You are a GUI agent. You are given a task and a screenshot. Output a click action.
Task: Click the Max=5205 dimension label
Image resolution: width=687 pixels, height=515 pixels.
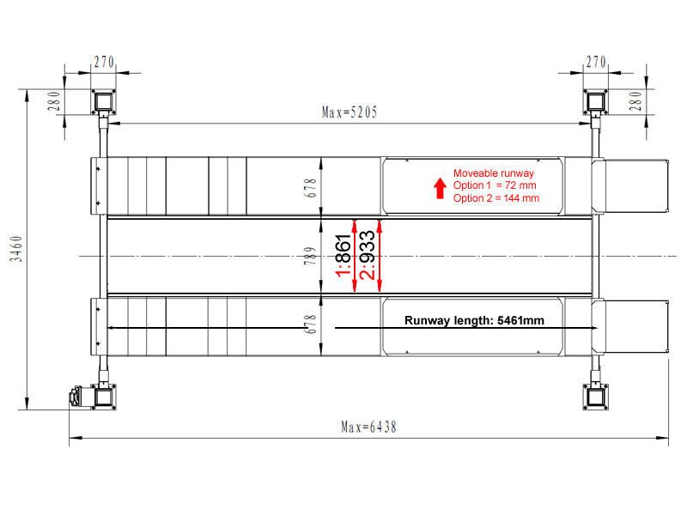pos(350,112)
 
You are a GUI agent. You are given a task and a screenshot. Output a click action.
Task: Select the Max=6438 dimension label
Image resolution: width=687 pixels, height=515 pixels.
pos(368,427)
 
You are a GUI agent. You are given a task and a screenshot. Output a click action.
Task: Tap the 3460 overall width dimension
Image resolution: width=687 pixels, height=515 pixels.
pos(15,249)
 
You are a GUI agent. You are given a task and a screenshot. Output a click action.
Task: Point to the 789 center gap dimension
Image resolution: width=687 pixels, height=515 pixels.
pos(310,256)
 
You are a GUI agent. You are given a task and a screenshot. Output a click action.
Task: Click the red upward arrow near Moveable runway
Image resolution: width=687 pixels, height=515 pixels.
pos(440,188)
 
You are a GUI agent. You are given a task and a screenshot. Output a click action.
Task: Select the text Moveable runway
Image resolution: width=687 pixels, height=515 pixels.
pos(493,173)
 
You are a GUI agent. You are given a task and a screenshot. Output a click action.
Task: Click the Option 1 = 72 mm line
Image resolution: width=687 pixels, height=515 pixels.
pos(495,185)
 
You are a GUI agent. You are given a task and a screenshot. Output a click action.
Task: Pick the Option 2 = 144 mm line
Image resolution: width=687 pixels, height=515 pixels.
pos(496,198)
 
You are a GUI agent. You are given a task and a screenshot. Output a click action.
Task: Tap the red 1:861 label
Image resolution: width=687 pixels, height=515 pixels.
pos(343,256)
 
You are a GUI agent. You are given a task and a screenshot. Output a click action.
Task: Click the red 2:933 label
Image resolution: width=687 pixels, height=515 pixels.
pos(368,255)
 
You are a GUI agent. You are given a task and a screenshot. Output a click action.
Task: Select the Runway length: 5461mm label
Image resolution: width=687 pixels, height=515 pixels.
pos(474,320)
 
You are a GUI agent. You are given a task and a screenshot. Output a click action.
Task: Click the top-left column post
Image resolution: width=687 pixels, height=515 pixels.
pos(103,102)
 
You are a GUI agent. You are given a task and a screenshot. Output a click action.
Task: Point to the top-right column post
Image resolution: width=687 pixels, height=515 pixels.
pos(595,102)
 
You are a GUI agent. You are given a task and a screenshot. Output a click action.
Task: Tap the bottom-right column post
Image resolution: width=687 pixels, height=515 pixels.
pos(595,397)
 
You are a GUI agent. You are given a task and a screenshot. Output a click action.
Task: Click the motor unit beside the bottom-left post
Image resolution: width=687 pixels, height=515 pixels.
pos(80,397)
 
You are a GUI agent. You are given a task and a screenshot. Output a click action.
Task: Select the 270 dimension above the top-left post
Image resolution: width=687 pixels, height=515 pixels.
pos(104,62)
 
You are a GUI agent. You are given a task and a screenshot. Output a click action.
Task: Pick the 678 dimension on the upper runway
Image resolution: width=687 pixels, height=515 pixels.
pos(310,188)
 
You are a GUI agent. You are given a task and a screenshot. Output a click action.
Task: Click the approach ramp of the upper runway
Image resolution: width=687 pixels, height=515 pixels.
pos(630,185)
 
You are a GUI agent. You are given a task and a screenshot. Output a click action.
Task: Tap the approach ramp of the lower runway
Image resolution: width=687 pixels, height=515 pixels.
pos(630,326)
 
